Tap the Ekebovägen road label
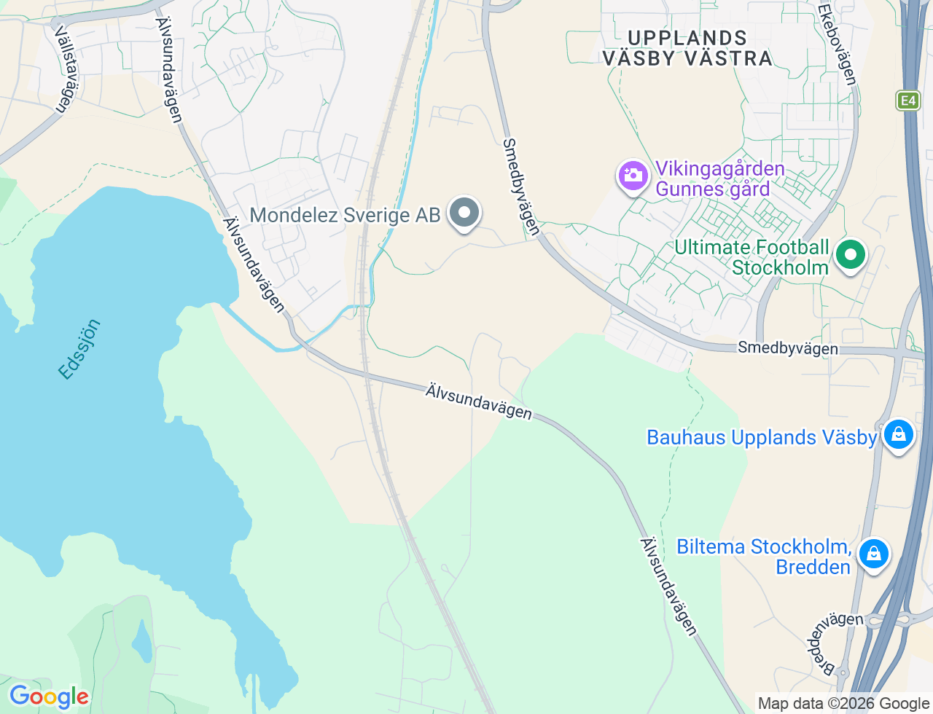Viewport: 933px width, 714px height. click(836, 45)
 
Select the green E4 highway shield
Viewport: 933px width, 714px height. click(908, 101)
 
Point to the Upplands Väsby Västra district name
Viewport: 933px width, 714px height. click(687, 48)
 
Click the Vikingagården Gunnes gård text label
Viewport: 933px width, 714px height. click(719, 178)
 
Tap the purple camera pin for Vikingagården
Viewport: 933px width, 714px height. click(633, 176)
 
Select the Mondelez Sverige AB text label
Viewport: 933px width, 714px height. click(345, 215)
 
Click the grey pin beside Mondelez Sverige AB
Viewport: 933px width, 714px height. click(464, 213)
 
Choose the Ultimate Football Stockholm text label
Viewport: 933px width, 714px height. click(752, 257)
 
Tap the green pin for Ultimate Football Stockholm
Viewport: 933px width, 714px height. click(850, 255)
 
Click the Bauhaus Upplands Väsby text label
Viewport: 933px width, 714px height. click(762, 437)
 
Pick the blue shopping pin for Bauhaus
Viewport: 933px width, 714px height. click(899, 434)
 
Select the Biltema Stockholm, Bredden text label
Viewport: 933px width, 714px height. click(764, 557)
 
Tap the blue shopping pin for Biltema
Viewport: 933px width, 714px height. click(873, 554)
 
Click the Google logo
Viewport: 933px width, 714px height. click(49, 697)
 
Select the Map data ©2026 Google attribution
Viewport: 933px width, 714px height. click(843, 703)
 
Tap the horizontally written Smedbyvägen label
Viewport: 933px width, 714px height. click(787, 348)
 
